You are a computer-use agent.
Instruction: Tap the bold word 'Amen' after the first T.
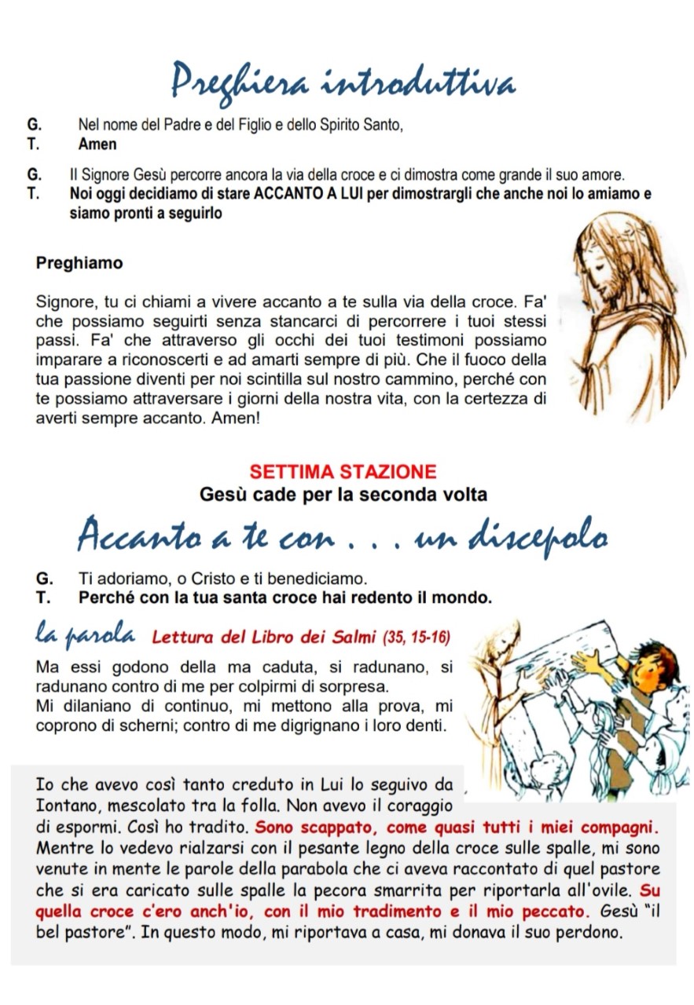click(x=97, y=144)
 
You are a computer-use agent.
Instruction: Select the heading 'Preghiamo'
click(x=79, y=263)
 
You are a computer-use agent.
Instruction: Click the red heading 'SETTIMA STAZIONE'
click(x=343, y=472)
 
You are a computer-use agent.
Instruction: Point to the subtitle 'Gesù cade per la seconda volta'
click(x=343, y=495)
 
